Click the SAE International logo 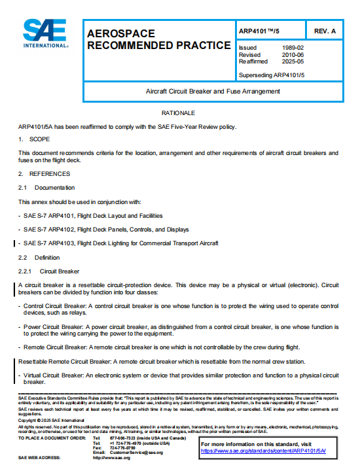(x=45, y=33)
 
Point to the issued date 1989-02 (x=291, y=48)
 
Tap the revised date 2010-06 (x=291, y=55)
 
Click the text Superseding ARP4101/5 (x=272, y=75)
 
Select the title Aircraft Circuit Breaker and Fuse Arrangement (x=213, y=91)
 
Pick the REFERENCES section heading (x=49, y=174)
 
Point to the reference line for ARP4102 (x=105, y=230)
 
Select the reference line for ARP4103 (x=120, y=243)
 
